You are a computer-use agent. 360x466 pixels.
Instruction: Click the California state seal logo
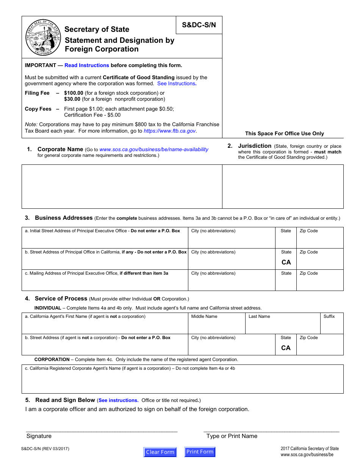43,38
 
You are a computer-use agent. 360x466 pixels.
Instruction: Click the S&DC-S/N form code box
199,25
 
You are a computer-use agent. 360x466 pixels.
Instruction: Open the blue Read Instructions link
87,65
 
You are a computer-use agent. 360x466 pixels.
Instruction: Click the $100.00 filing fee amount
74,93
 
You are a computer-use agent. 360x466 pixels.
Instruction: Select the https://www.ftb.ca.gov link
170,131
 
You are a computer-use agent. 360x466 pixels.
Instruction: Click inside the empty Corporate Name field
122,186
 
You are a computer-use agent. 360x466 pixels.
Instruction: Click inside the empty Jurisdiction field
283,186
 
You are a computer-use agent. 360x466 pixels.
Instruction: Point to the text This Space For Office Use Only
284,133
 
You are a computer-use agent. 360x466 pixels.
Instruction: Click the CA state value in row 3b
286,262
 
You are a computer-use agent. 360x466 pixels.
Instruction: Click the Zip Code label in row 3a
309,231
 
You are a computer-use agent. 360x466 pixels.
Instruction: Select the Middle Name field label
204,316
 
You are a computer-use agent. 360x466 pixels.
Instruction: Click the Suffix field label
329,316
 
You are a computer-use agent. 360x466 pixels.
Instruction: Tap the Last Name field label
259,316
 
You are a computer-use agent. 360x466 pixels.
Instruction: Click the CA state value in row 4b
286,348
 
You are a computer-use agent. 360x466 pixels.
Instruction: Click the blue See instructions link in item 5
118,400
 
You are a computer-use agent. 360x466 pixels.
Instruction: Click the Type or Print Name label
232,436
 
